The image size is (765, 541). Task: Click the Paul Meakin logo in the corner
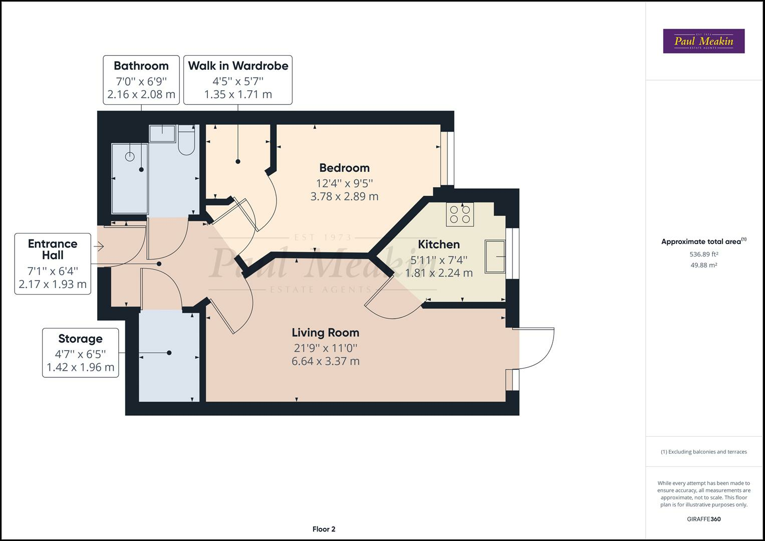(703, 41)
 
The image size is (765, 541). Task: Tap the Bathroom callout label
(141, 80)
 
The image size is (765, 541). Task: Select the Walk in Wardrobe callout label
(238, 80)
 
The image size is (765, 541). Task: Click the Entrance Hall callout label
(53, 263)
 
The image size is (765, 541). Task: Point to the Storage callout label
(80, 353)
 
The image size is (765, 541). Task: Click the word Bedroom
(344, 168)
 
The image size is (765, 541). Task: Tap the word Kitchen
(439, 244)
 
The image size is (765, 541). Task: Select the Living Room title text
(326, 332)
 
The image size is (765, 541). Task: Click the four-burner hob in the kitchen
(460, 214)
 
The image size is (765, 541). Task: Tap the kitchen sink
(495, 256)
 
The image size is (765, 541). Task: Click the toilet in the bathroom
(186, 140)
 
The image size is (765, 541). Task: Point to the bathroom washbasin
(162, 134)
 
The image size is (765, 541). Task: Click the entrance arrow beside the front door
(99, 246)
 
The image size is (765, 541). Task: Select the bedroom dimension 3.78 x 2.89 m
(344, 196)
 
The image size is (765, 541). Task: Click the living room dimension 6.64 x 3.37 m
(326, 361)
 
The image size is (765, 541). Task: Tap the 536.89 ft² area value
(704, 254)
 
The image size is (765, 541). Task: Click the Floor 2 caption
(324, 529)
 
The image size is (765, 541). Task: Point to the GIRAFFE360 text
(704, 519)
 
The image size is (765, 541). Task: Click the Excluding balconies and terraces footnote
(704, 452)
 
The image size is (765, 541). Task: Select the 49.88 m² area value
(704, 265)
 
